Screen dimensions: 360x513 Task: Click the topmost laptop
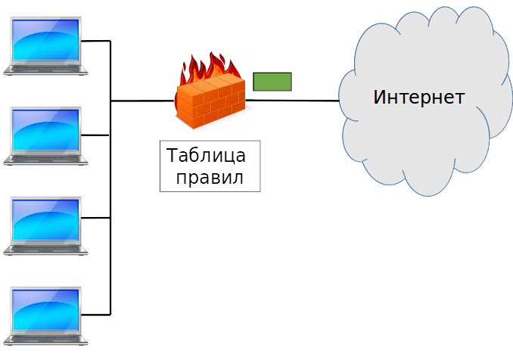(x=45, y=45)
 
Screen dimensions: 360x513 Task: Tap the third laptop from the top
(x=45, y=225)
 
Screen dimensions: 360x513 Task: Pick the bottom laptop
(x=45, y=315)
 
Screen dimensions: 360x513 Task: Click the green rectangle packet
(x=272, y=81)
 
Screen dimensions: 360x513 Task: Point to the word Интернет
(x=418, y=98)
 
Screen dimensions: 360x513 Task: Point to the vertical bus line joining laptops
(x=111, y=182)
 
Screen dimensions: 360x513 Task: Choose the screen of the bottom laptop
(x=45, y=309)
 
